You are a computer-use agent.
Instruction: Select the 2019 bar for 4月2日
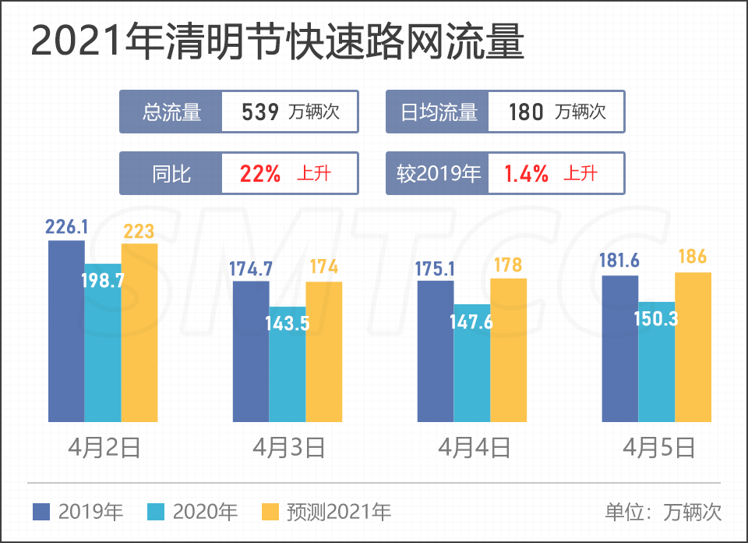[66, 332]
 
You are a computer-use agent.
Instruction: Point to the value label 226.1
[66, 227]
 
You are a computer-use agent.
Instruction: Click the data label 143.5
[288, 323]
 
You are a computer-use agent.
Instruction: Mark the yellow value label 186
[693, 257]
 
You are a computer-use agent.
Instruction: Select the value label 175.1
[436, 269]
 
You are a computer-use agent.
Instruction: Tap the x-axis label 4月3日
[288, 448]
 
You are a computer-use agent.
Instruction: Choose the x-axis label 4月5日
[658, 448]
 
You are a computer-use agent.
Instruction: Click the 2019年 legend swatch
[41, 512]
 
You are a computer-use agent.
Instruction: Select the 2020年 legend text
[205, 512]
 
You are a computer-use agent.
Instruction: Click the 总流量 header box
[171, 112]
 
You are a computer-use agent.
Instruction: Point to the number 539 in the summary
[260, 112]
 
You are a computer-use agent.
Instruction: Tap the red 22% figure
[260, 173]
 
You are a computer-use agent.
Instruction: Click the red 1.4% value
[526, 173]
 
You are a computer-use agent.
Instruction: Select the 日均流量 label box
[438, 112]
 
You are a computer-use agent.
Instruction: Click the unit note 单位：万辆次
[663, 512]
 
